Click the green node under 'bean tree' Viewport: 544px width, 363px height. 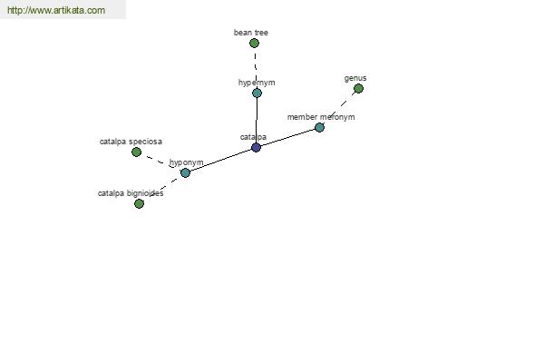click(x=254, y=43)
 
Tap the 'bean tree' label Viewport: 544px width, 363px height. click(x=251, y=33)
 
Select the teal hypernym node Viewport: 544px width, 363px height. click(x=257, y=93)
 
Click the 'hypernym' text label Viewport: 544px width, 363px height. click(x=257, y=83)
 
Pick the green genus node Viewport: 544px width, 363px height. click(x=358, y=89)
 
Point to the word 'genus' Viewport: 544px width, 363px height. click(x=355, y=79)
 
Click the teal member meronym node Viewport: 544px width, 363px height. click(x=319, y=127)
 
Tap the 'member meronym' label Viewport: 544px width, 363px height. click(x=321, y=117)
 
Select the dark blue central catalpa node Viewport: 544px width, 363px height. click(x=256, y=147)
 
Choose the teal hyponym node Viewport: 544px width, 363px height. click(x=185, y=172)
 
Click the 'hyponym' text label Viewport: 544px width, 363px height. click(x=186, y=162)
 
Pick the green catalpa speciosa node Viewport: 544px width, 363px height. click(x=136, y=152)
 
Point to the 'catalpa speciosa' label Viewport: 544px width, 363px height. click(x=131, y=142)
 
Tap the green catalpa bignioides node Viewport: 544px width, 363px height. click(x=139, y=203)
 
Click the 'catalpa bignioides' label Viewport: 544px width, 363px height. click(x=131, y=193)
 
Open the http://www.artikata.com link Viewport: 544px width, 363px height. click(x=56, y=10)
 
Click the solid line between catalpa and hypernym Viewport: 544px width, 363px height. click(x=257, y=120)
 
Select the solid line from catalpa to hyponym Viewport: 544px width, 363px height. click(x=220, y=160)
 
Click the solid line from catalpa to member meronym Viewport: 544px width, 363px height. click(x=287, y=138)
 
